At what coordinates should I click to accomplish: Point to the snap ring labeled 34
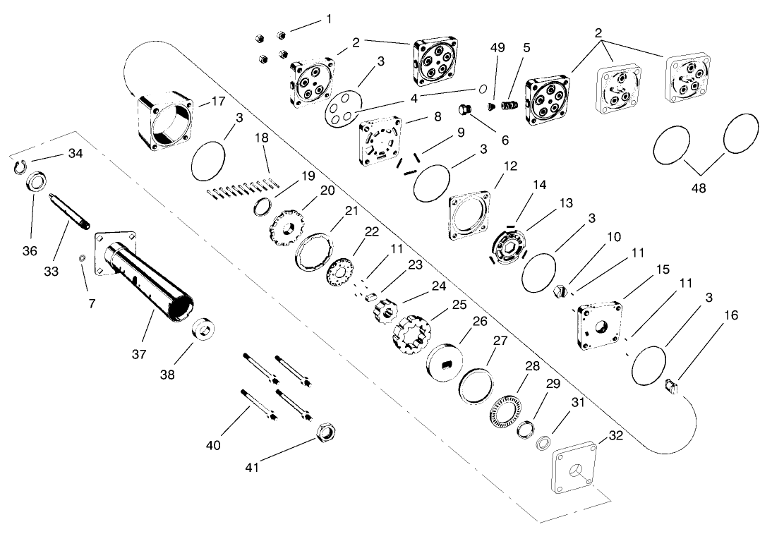coord(22,166)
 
